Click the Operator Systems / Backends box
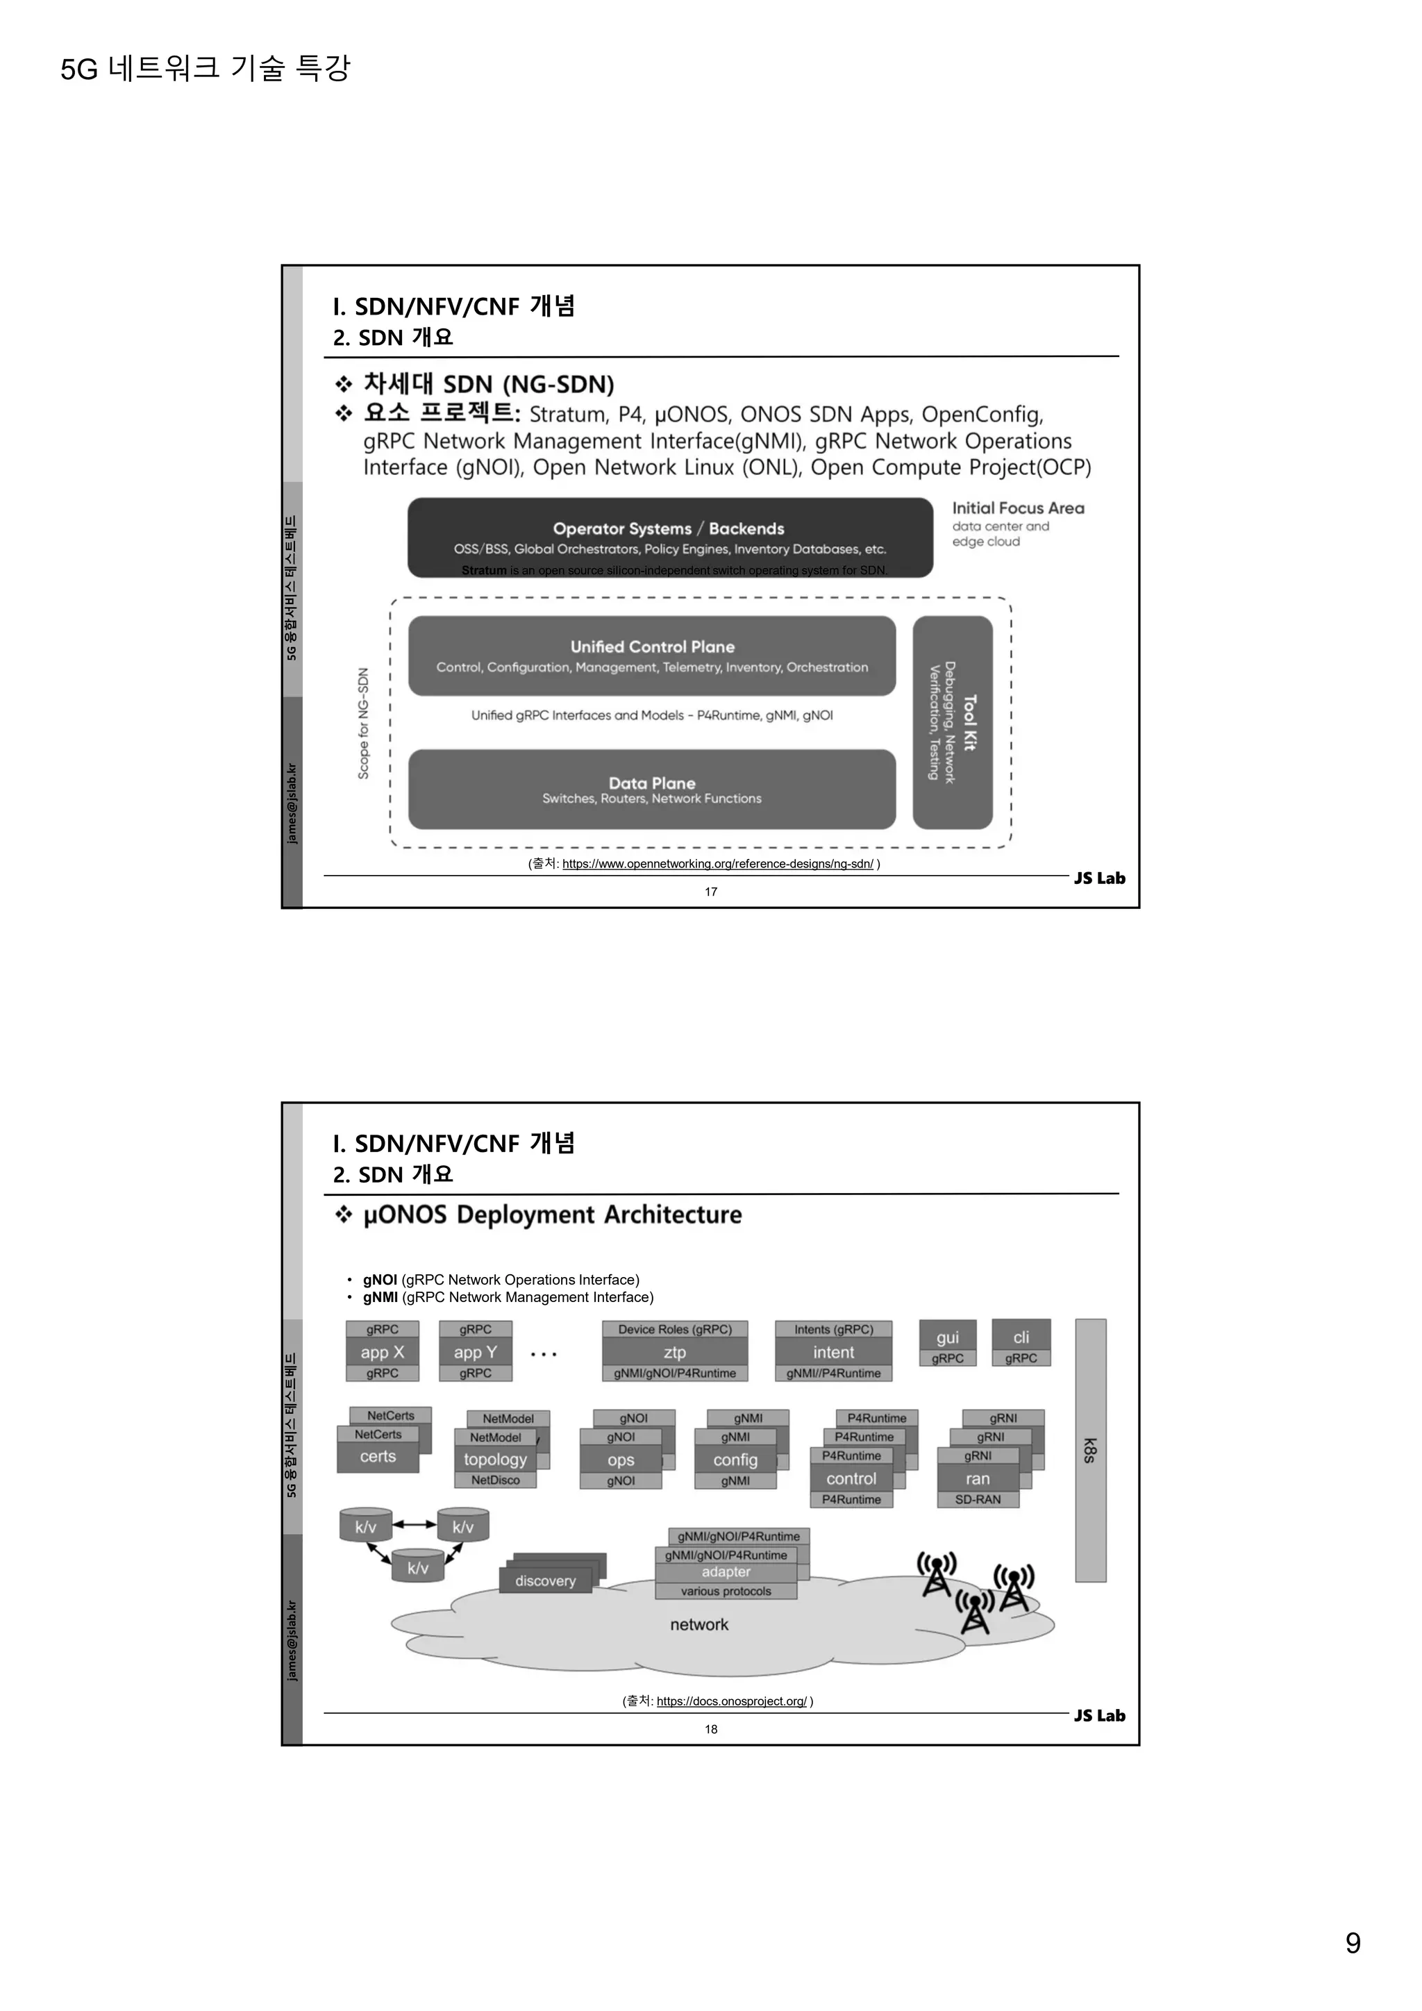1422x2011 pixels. click(x=670, y=537)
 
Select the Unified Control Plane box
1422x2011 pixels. click(x=653, y=655)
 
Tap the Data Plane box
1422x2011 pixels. click(x=653, y=788)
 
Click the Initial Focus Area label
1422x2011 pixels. click(x=1017, y=508)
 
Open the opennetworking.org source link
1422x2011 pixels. click(x=717, y=864)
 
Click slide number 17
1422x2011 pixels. click(x=711, y=892)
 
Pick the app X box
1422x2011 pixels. click(x=383, y=1352)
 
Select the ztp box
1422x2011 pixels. click(x=674, y=1352)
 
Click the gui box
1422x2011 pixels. click(x=947, y=1338)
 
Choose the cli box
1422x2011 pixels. click(x=1021, y=1338)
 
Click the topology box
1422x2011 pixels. click(x=496, y=1459)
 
